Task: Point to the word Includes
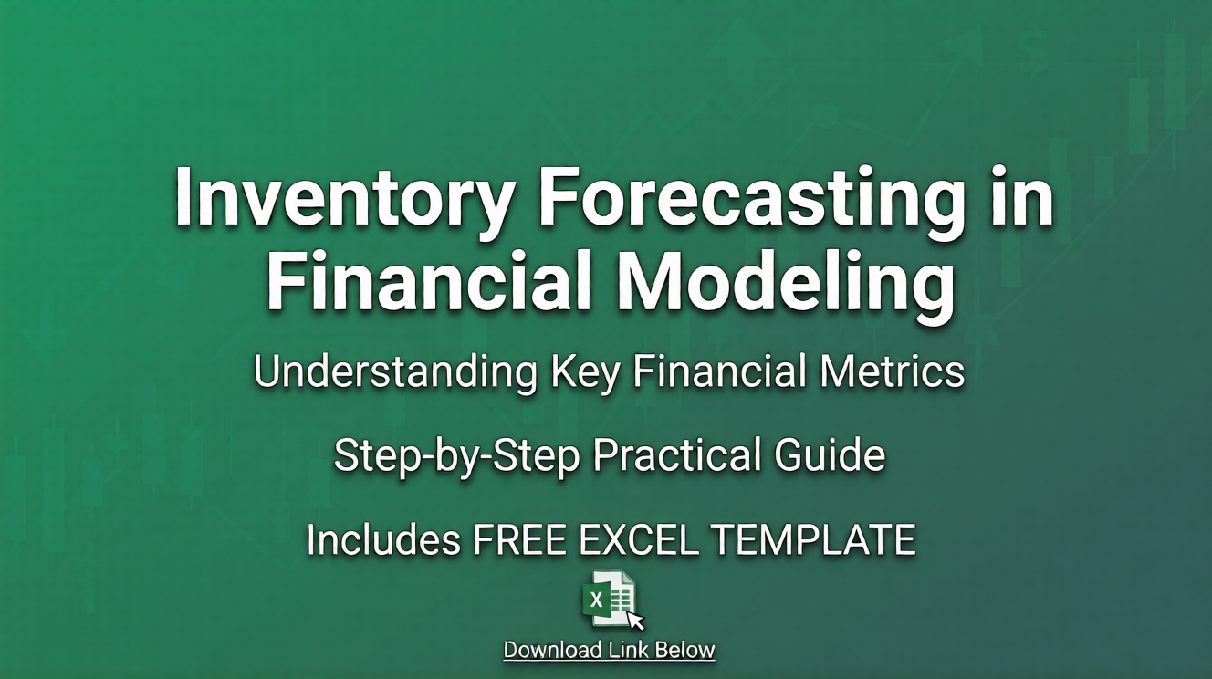click(383, 540)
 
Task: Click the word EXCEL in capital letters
click(636, 540)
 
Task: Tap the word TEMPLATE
click(812, 540)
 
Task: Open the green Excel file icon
click(609, 599)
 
